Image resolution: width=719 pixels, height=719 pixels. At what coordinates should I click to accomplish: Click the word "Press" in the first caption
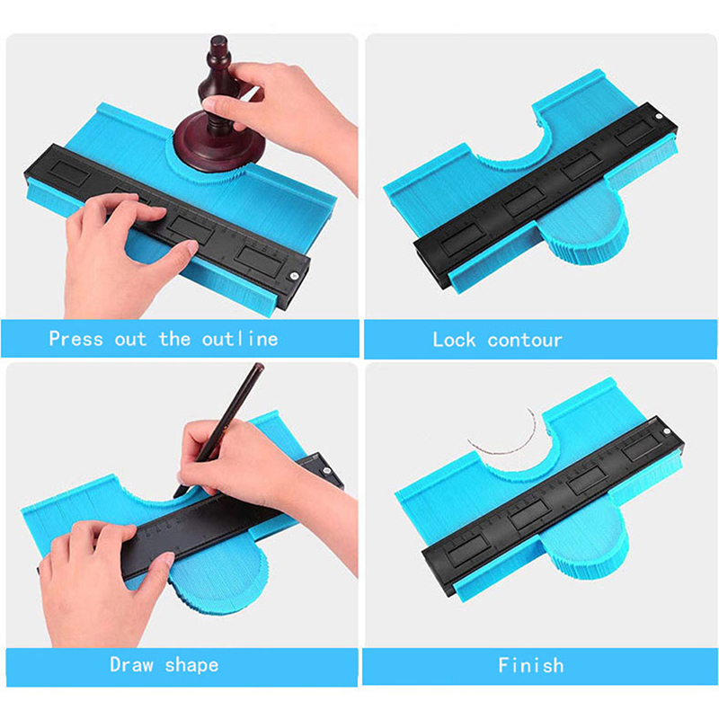pos(75,339)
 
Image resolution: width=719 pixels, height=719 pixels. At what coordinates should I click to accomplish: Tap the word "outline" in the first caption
pos(240,339)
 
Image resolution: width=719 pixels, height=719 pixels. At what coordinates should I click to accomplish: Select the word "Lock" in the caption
pos(454,340)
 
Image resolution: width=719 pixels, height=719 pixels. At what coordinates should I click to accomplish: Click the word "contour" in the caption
pos(525,341)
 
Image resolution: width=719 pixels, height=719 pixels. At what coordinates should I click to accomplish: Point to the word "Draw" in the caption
pos(131,664)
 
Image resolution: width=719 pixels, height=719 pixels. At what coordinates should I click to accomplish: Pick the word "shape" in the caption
pos(191,665)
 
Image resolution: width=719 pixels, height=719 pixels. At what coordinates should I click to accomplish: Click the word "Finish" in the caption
pos(531,665)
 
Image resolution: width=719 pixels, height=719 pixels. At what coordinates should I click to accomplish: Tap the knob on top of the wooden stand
pos(218,46)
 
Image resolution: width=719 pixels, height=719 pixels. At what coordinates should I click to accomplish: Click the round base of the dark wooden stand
pos(219,142)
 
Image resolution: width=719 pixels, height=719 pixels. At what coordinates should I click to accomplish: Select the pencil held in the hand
pos(219,429)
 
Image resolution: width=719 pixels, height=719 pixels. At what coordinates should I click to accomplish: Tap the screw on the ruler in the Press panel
pos(295,276)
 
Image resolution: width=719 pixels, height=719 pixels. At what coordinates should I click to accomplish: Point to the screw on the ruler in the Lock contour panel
pos(659,117)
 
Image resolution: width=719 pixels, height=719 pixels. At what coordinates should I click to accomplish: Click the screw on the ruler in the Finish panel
pos(666,431)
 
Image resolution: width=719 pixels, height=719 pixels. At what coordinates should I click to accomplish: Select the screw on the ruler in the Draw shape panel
pos(327,470)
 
